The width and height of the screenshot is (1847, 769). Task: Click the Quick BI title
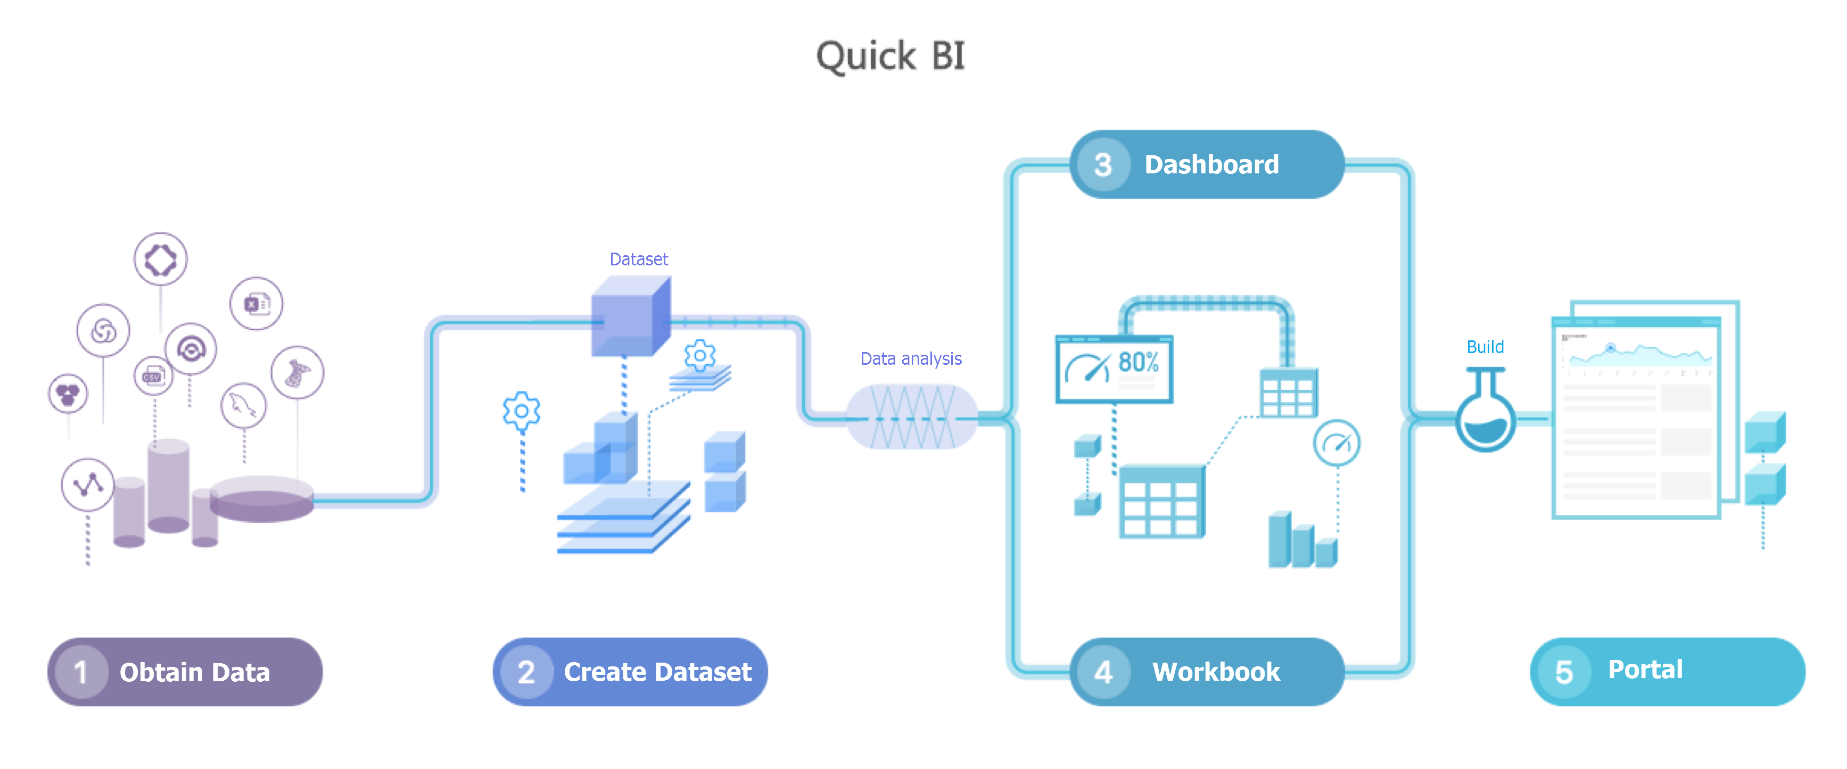pyautogui.click(x=890, y=56)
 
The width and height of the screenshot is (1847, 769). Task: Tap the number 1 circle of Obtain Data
pyautogui.click(x=80, y=672)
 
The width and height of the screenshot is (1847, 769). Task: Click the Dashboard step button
pyautogui.click(x=1207, y=165)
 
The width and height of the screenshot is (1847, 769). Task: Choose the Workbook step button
pyautogui.click(x=1207, y=672)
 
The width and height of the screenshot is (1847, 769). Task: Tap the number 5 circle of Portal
pyautogui.click(x=1563, y=672)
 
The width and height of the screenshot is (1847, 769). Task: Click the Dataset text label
pyautogui.click(x=638, y=260)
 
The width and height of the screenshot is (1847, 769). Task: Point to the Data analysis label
pyautogui.click(x=911, y=358)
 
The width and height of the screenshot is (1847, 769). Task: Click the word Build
pyautogui.click(x=1485, y=347)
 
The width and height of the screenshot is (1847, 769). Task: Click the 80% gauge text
pyautogui.click(x=1138, y=362)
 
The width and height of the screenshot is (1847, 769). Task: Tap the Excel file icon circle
pyautogui.click(x=256, y=304)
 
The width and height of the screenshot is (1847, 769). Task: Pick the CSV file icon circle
pyautogui.click(x=153, y=375)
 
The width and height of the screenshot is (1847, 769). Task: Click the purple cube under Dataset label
pyautogui.click(x=630, y=317)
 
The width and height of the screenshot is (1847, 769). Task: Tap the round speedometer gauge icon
pyautogui.click(x=1337, y=443)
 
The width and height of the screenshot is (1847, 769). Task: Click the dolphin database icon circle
pyautogui.click(x=243, y=406)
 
